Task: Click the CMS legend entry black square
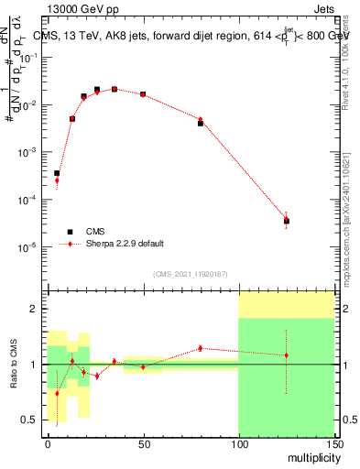tap(70, 232)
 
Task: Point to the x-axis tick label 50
tap(143, 443)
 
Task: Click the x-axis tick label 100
tap(238, 443)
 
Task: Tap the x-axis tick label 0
tap(48, 443)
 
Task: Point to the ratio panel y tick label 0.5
tap(30, 420)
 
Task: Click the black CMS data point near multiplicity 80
tap(201, 123)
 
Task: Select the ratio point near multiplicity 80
tap(201, 348)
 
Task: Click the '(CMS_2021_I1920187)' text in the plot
tap(190, 273)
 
